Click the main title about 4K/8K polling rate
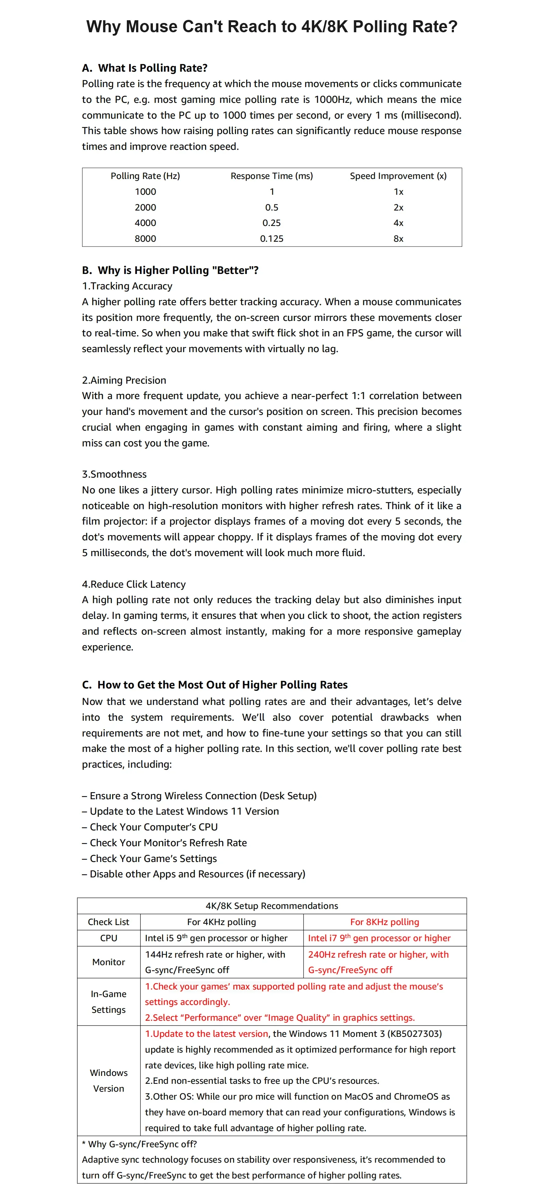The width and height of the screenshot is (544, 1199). click(272, 26)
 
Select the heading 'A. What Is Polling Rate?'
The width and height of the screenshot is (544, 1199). click(145, 68)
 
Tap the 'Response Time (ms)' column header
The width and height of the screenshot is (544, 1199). click(272, 176)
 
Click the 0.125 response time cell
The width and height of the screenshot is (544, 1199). click(272, 239)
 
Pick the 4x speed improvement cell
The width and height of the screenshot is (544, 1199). click(398, 223)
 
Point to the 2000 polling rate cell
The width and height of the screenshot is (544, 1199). click(145, 207)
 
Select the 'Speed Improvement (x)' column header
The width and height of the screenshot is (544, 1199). click(398, 176)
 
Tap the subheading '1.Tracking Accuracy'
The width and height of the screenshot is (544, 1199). click(127, 286)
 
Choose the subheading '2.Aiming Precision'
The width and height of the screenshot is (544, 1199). click(124, 380)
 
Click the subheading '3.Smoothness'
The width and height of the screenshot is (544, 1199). click(114, 474)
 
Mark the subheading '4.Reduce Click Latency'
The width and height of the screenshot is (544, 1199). click(134, 584)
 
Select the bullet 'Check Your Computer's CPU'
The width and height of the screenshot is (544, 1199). click(150, 827)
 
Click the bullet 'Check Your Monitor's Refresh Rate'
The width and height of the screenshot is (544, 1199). click(164, 843)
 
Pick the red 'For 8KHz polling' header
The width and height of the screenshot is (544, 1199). click(384, 922)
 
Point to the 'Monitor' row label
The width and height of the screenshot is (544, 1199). click(108, 962)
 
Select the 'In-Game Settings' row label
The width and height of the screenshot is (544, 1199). click(108, 1002)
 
